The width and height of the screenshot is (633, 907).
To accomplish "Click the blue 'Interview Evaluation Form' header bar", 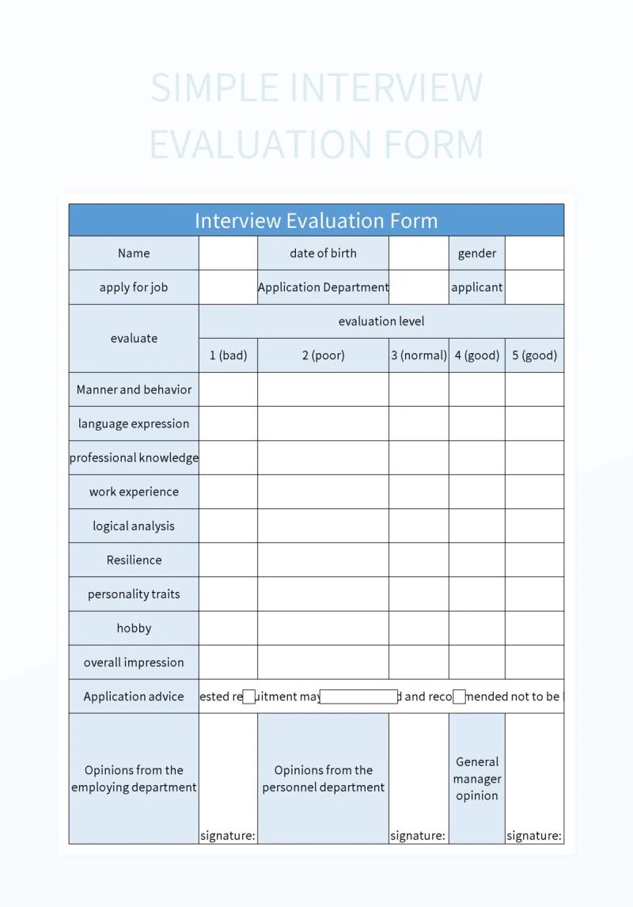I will [316, 220].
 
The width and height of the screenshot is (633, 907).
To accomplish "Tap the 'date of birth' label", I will [323, 253].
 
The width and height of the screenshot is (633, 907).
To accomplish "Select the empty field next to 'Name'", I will [228, 253].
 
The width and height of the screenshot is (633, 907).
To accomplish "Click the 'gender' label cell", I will [476, 253].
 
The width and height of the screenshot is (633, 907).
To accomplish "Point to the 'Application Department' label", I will [323, 287].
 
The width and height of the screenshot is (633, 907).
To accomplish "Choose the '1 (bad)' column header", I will [228, 355].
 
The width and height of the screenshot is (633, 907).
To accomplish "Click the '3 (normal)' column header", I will [419, 355].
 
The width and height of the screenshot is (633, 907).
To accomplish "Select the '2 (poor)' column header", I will [323, 355].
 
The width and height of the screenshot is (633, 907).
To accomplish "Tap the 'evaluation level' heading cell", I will [381, 321].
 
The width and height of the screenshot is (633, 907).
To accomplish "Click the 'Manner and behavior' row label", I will [134, 389].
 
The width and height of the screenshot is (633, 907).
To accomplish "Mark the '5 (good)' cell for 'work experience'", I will [534, 491].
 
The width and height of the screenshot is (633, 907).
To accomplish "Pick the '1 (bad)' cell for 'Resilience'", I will [228, 560].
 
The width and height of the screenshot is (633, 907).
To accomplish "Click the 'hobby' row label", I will [134, 628].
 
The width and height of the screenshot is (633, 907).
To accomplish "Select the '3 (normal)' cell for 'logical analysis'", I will [419, 526].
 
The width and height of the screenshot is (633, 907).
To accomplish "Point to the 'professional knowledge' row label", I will [134, 457].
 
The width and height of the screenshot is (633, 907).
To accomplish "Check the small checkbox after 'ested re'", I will [248, 696].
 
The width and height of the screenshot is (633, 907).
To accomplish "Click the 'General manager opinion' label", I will [476, 779].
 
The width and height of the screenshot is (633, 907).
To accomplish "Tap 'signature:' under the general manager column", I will [534, 836].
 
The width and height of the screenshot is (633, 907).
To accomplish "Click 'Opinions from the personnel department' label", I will [323, 779].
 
